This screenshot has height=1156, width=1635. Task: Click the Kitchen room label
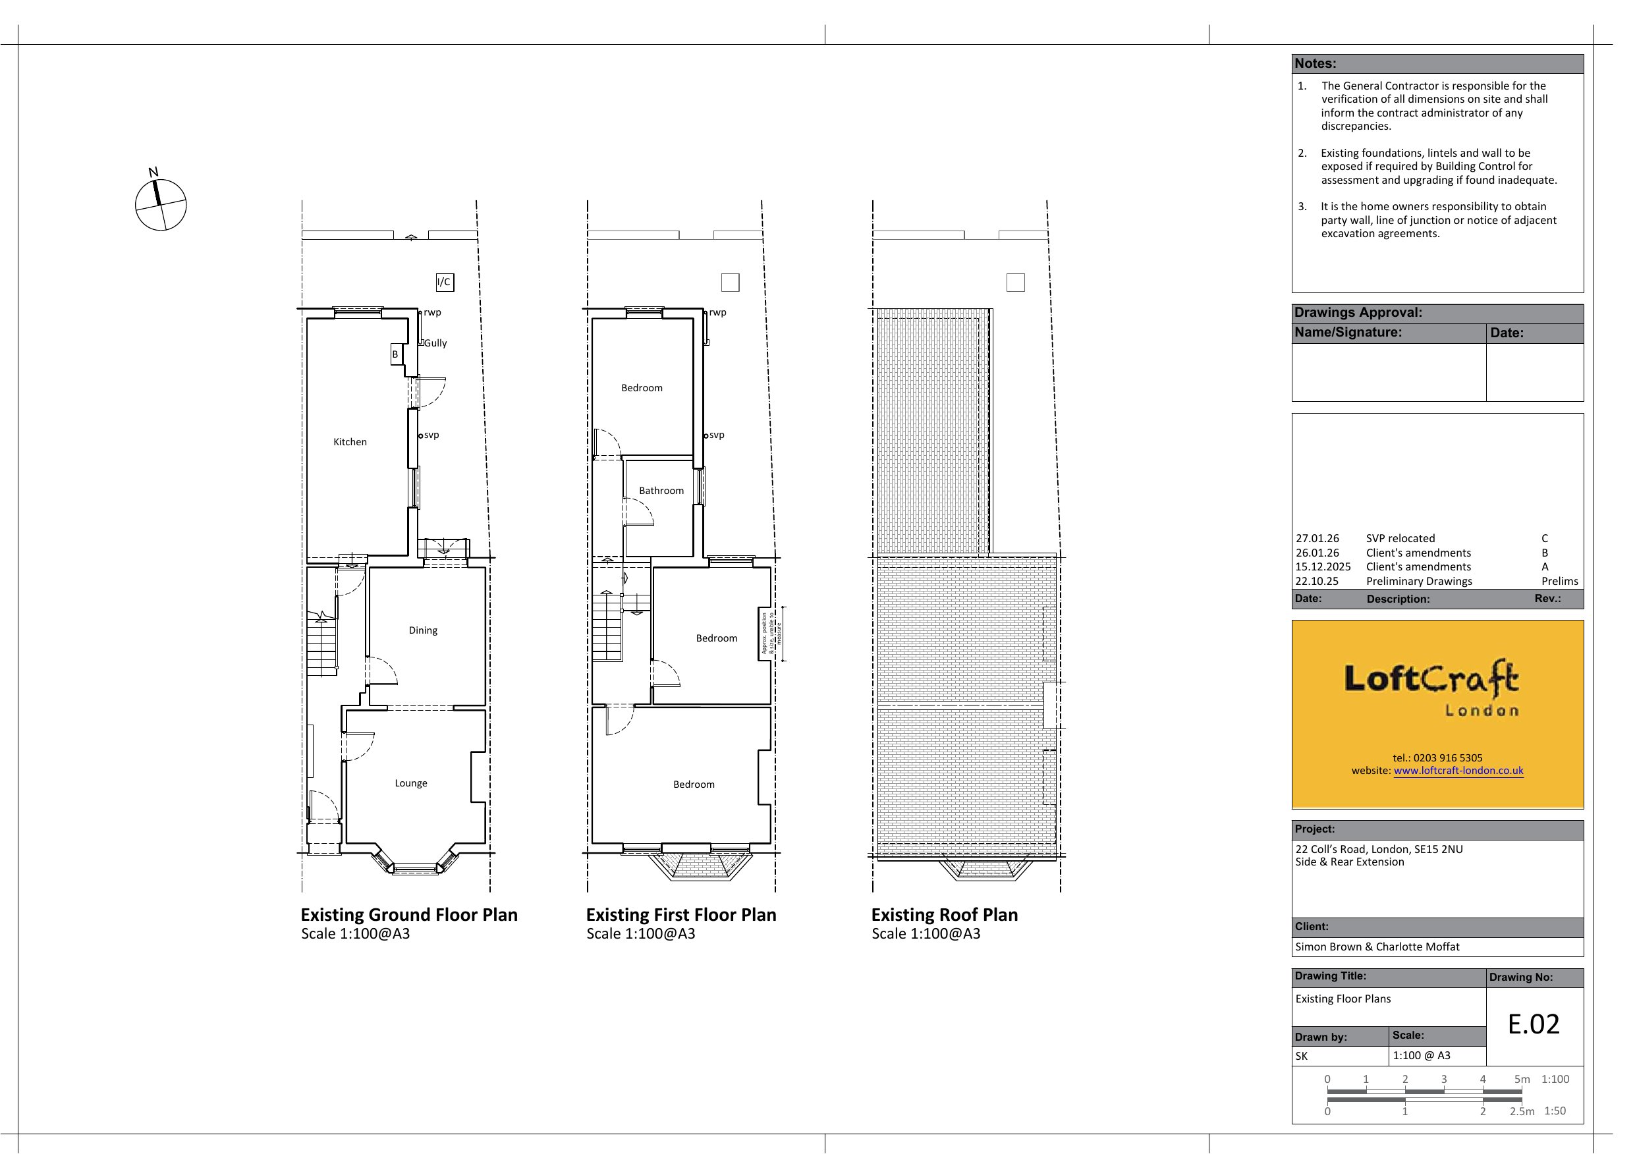350,441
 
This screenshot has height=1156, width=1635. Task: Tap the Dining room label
423,630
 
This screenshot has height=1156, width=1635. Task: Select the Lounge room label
411,783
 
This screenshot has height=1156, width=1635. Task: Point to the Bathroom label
661,491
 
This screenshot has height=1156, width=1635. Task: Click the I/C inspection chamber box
445,282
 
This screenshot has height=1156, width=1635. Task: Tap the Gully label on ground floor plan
436,343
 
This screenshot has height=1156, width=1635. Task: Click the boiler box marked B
395,354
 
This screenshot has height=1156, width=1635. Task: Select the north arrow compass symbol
160,204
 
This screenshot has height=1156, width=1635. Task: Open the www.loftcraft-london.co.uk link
1458,770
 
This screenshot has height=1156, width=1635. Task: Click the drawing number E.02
1534,1024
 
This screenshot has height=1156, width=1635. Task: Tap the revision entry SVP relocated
1400,538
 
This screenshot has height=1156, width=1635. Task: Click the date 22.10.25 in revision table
1317,581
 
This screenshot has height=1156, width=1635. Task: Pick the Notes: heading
1316,63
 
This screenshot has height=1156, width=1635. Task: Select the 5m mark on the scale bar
1522,1079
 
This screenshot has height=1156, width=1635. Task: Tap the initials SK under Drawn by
1302,1057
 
